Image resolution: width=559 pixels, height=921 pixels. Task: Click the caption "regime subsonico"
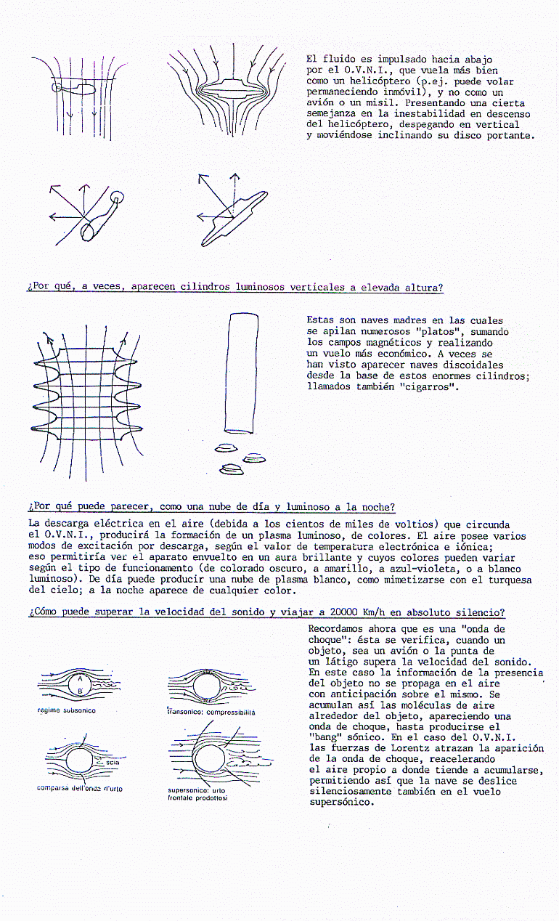click(66, 710)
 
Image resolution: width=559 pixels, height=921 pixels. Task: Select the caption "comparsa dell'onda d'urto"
click(80, 789)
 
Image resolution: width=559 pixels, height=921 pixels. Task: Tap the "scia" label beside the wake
click(112, 763)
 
